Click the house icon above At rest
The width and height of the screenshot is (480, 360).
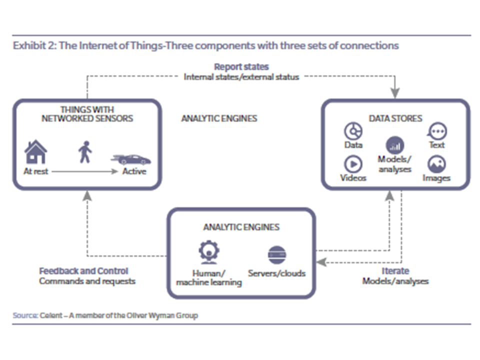tap(36, 151)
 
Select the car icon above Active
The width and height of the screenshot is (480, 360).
tap(131, 159)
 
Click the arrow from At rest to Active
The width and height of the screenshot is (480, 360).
tap(85, 171)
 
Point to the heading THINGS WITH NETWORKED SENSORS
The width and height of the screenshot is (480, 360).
tap(86, 114)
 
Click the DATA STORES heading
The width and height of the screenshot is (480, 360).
tap(395, 118)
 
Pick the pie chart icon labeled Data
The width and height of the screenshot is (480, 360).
tap(353, 131)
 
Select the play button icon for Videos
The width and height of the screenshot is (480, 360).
tap(353, 164)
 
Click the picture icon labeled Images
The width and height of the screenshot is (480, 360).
tap(436, 164)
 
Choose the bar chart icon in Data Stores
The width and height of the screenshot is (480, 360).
tap(395, 145)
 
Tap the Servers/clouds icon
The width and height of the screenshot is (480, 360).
tap(276, 255)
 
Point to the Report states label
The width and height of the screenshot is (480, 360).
tap(241, 66)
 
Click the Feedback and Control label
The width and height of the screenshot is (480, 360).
tap(83, 271)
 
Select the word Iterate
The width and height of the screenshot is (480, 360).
tap(395, 271)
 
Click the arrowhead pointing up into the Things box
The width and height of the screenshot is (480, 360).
tap(87, 196)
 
